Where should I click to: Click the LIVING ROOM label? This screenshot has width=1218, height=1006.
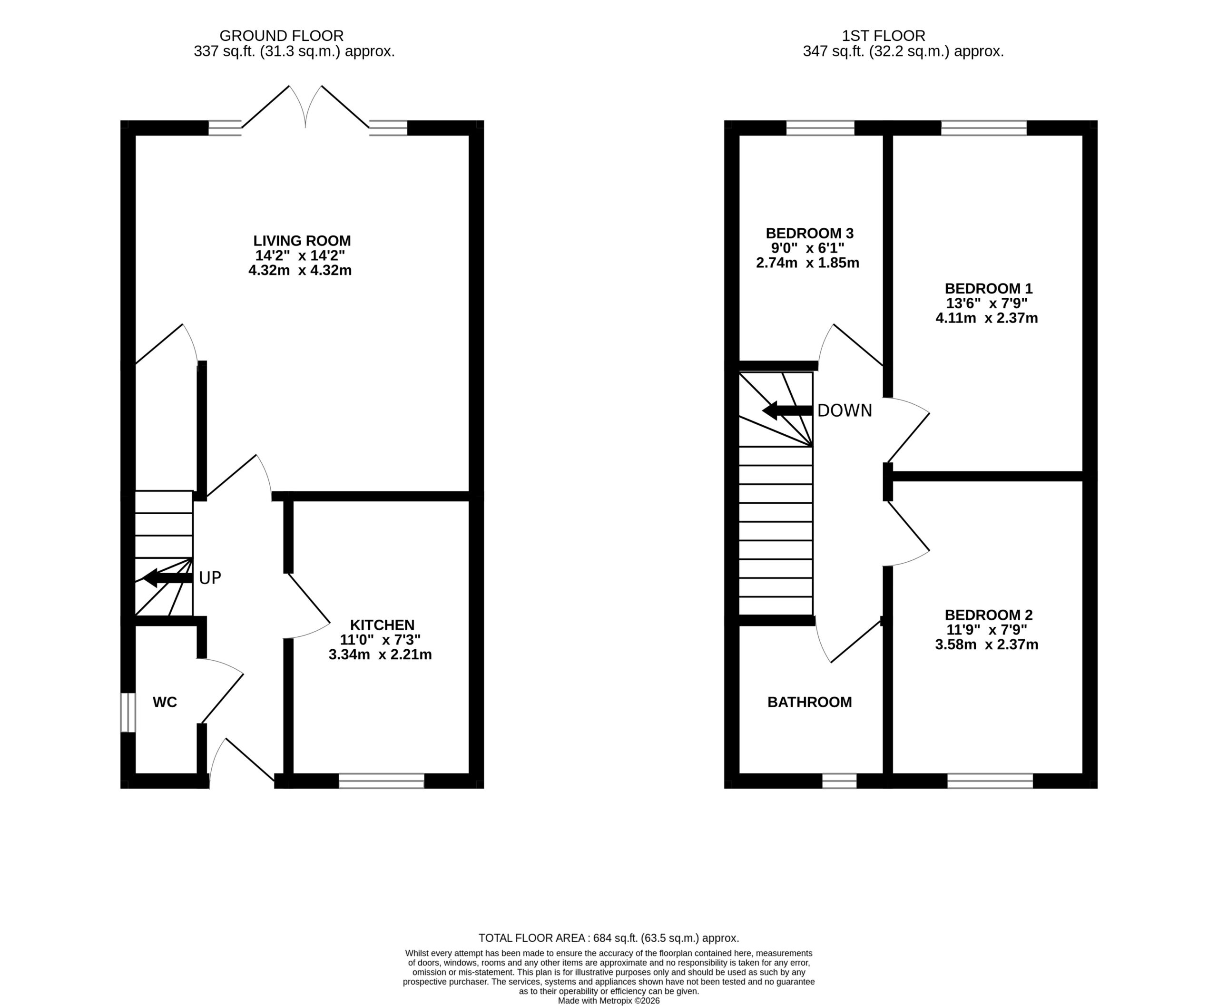(x=302, y=241)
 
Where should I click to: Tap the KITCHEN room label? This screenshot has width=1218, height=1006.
(x=382, y=625)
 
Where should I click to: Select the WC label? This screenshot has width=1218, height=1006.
(x=165, y=702)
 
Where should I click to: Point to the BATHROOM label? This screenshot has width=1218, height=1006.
(x=809, y=702)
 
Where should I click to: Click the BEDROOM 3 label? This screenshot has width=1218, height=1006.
(x=809, y=233)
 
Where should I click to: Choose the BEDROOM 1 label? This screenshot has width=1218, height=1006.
(x=988, y=288)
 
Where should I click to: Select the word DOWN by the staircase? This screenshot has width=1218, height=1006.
(x=844, y=410)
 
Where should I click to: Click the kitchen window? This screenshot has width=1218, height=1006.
(x=382, y=781)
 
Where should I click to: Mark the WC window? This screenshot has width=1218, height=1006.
(x=128, y=712)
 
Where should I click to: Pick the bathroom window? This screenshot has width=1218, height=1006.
(x=839, y=781)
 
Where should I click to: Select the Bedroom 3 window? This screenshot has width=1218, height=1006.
(x=820, y=127)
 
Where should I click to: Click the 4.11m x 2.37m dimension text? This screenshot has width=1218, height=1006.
(x=987, y=318)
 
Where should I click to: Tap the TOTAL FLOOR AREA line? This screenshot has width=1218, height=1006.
(x=609, y=938)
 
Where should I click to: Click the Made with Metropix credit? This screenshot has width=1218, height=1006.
(x=609, y=1000)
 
